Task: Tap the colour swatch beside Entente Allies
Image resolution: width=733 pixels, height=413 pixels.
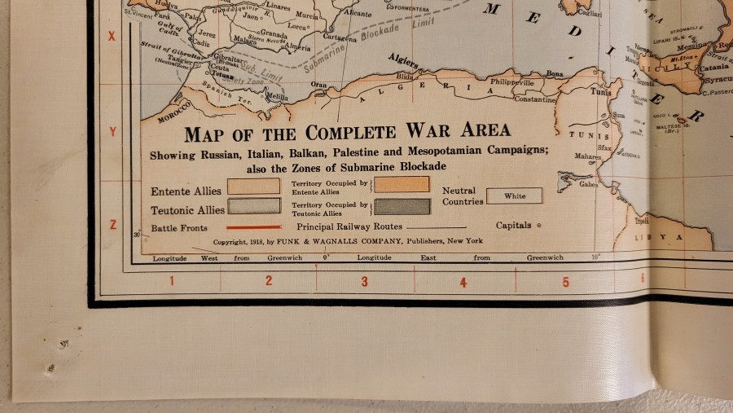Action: coord(253,186)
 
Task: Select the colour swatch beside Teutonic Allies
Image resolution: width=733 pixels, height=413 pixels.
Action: coord(253,205)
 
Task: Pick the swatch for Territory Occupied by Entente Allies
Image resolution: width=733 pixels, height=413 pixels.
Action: coord(402,184)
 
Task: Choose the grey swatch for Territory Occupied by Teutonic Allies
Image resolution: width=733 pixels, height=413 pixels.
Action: coord(402,206)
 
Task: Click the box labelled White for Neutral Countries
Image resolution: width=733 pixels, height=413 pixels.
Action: coord(514,196)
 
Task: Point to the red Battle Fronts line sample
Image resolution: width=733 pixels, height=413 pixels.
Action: coord(253,227)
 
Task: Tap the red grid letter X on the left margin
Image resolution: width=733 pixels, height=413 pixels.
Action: coord(112,37)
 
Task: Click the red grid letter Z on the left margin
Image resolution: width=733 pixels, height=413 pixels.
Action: coord(113,225)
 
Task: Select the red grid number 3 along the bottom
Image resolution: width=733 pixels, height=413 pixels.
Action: coord(364,282)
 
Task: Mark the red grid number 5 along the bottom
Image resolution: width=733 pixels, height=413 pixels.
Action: coord(565,283)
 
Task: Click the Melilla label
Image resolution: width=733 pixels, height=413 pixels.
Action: coord(278,97)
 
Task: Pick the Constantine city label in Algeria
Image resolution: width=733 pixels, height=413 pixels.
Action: coord(533,99)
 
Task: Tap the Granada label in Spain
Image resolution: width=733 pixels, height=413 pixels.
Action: coord(274,36)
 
